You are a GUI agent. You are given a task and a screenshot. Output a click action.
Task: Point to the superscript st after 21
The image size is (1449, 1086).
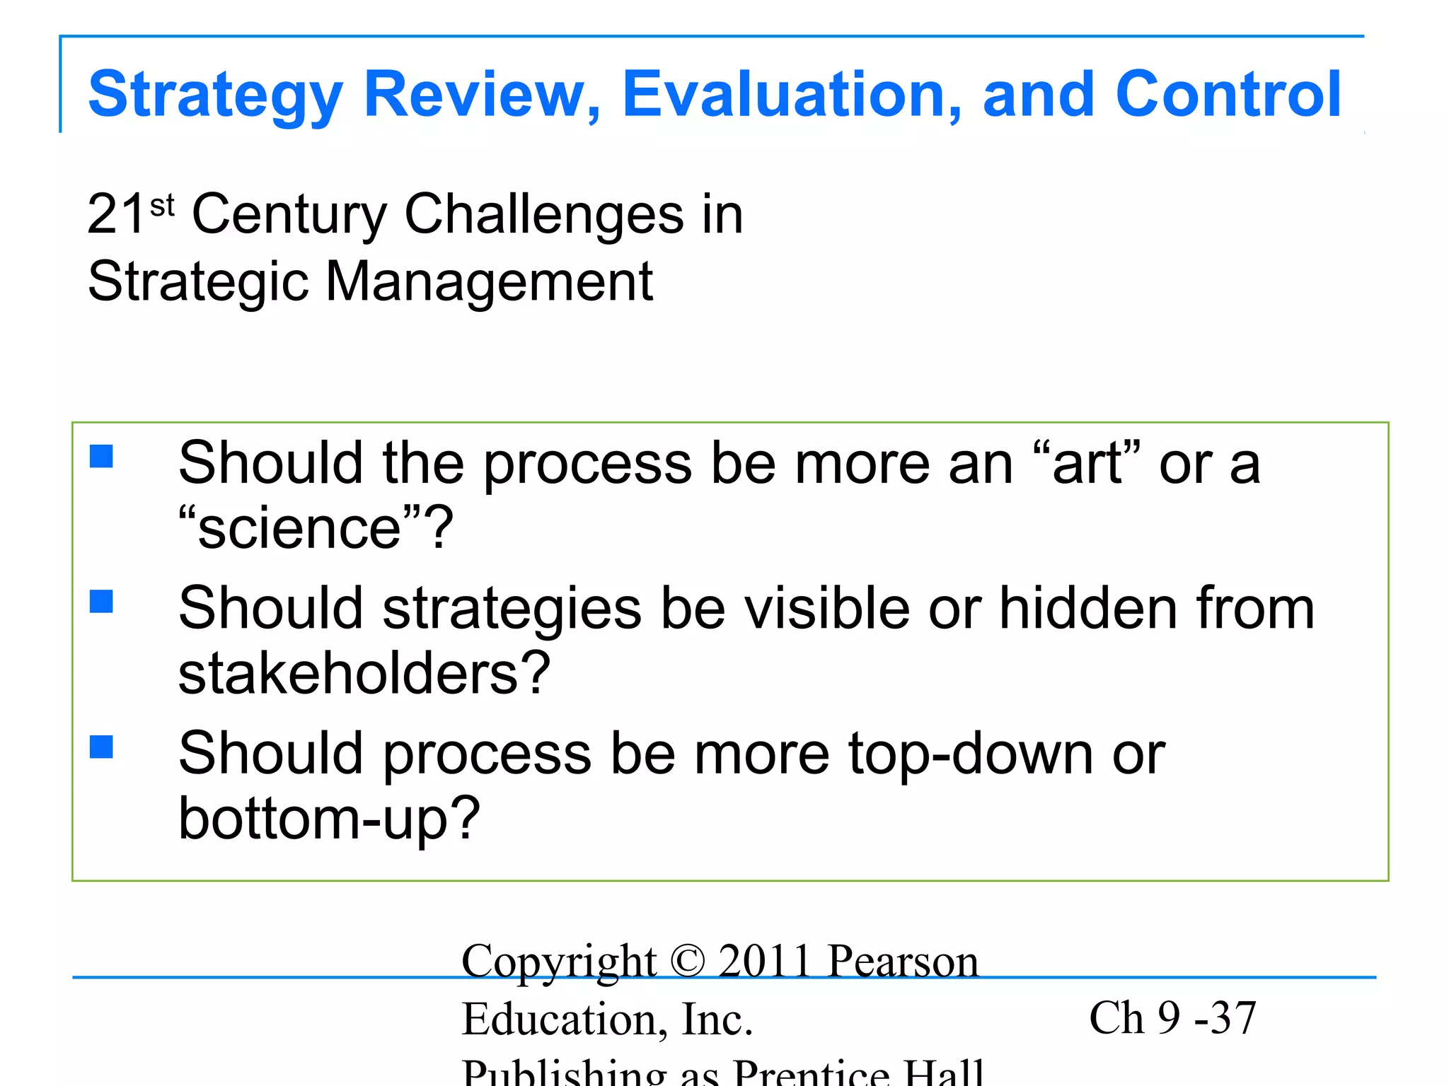point(162,206)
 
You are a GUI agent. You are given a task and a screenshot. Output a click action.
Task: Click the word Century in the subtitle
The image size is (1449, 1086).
point(289,215)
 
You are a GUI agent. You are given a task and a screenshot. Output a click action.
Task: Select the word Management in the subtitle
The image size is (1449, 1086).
point(488,281)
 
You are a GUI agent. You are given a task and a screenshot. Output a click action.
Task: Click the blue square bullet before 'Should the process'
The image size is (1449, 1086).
point(102,456)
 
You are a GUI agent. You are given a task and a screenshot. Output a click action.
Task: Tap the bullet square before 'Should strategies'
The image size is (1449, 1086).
point(102,602)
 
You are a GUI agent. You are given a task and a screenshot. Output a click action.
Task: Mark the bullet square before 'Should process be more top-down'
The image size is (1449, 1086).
point(102,747)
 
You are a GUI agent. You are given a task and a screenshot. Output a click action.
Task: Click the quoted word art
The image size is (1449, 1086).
point(1087,465)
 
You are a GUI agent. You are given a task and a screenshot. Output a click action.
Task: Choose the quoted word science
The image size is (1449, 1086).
point(300,528)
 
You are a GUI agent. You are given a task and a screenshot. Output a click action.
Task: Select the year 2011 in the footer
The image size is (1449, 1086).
point(764,962)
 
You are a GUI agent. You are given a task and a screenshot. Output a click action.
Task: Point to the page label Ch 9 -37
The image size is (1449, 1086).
point(1172,1018)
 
